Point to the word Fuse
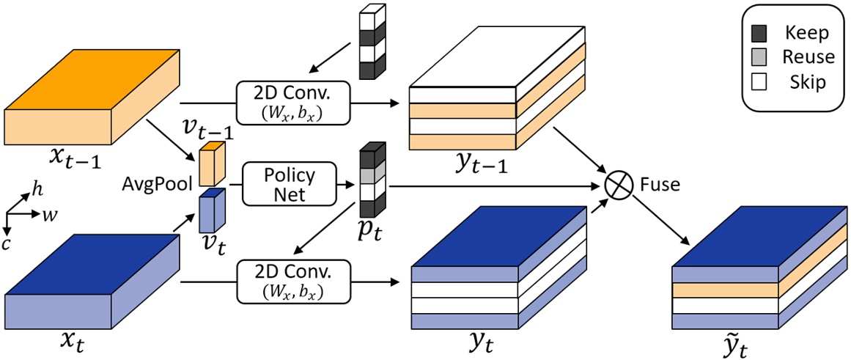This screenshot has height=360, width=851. [661, 184]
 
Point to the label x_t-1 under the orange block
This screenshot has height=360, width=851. [70, 156]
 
